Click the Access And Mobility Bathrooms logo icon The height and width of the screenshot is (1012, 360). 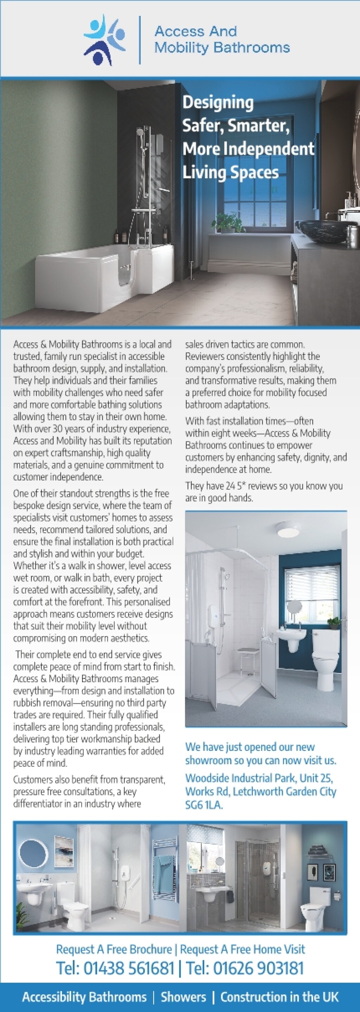(104, 40)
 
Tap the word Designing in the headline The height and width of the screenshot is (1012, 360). (218, 103)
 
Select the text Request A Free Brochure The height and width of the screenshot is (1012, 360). (114, 949)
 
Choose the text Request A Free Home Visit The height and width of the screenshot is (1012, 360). (243, 949)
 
